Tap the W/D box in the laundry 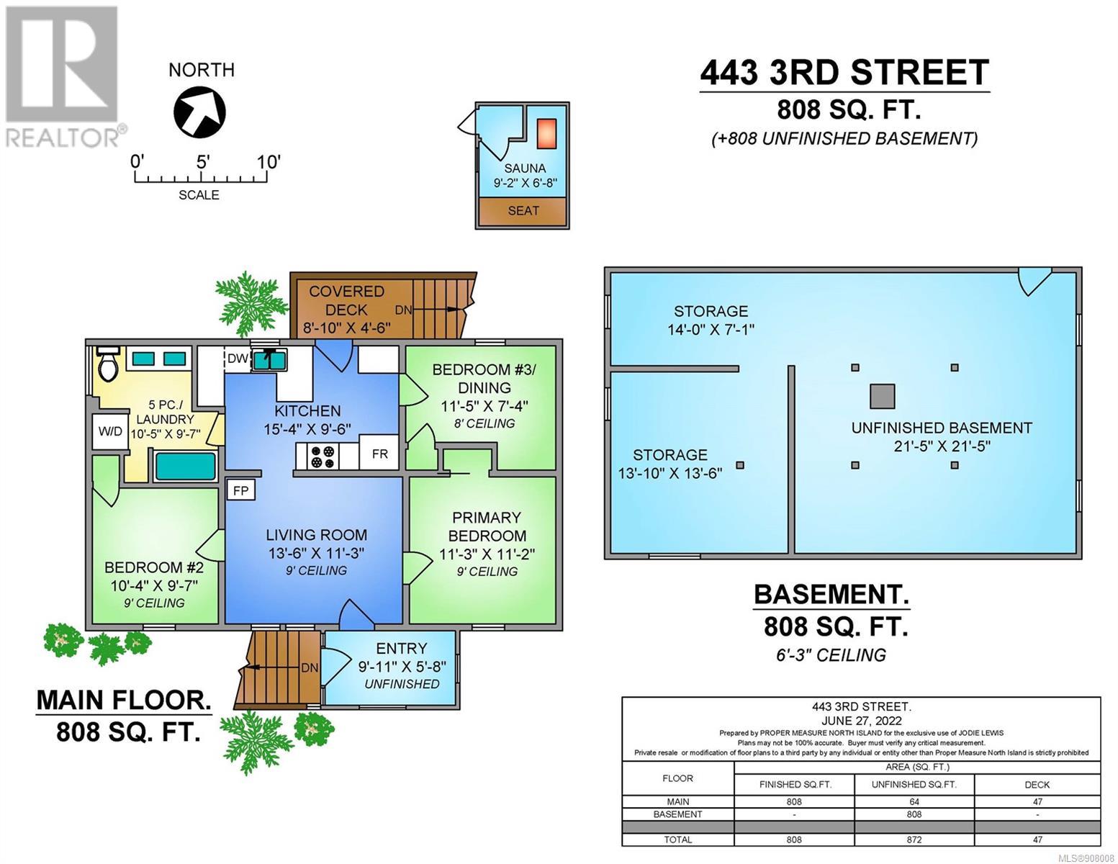pos(110,431)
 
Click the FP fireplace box pos(240,491)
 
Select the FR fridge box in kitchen pos(379,454)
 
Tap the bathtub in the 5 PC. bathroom pos(186,466)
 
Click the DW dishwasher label pos(238,358)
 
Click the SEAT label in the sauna pos(523,210)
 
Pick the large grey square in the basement pos(883,397)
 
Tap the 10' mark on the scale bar pos(268,163)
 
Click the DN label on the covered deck pos(403,310)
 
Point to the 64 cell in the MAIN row pos(914,802)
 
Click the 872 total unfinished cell pos(914,840)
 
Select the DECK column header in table pos(1037,785)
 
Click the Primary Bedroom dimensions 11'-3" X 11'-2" pos(487,554)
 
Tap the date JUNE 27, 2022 pos(861,721)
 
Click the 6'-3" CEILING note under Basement pos(831,655)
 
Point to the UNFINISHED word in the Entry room pos(402,684)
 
